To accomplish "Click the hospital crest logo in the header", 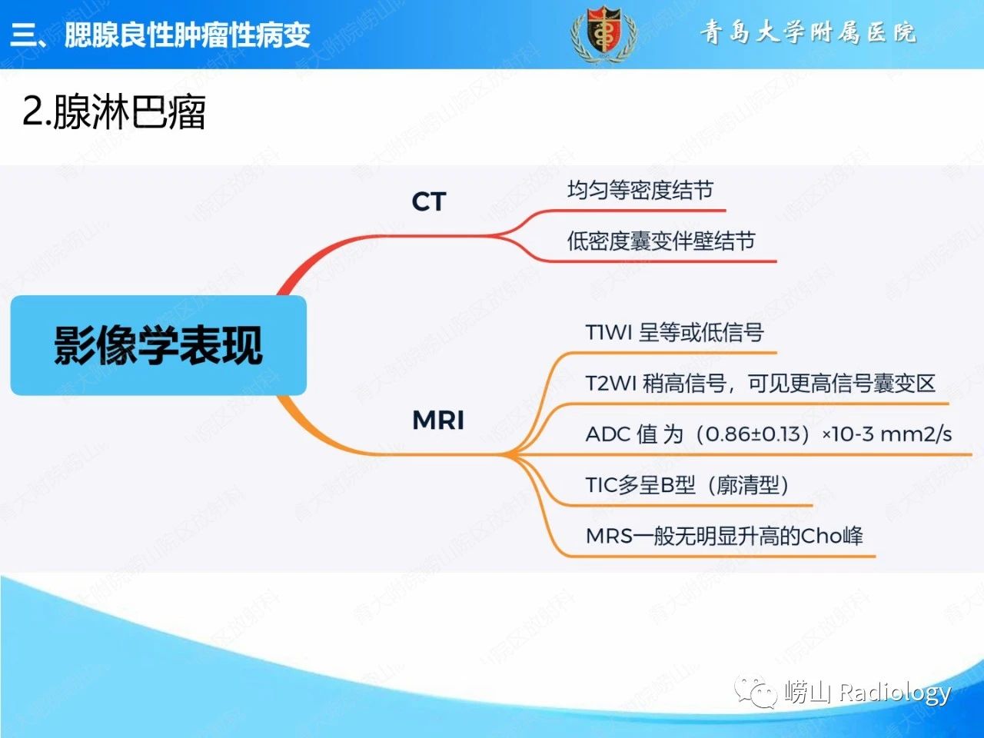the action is pos(603,34).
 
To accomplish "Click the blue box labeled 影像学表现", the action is pos(158,345).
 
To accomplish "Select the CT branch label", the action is pos(429,201).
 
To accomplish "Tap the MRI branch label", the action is pos(438,420).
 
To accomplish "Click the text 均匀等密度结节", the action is pos(640,190).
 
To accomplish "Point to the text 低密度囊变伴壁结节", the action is pos(661,241).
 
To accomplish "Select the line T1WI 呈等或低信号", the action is pos(675,332).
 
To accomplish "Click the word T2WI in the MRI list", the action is pos(611,384).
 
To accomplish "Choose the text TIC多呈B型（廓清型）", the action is pos(687,485).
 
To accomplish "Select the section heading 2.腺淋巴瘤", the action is pos(114,112).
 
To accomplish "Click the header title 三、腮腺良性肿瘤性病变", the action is pos(160,35).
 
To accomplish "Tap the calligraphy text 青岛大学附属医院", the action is pos(808,32).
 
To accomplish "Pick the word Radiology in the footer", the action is pos(895,693).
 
